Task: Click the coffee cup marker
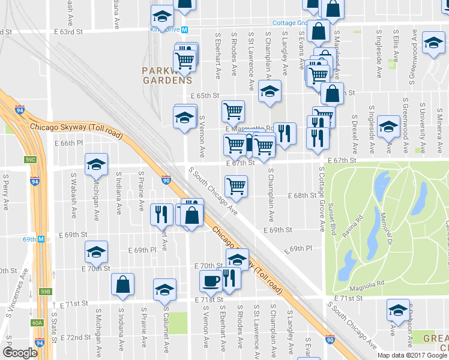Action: click(x=211, y=280)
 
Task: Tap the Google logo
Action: click(x=20, y=353)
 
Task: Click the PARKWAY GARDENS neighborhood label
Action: click(x=167, y=75)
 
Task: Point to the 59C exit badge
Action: click(x=31, y=160)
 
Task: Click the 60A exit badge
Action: click(x=37, y=323)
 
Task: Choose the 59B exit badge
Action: click(x=45, y=292)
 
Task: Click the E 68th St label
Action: click(x=301, y=196)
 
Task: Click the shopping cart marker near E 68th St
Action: click(x=237, y=185)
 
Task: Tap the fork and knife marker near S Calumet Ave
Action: click(x=161, y=213)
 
